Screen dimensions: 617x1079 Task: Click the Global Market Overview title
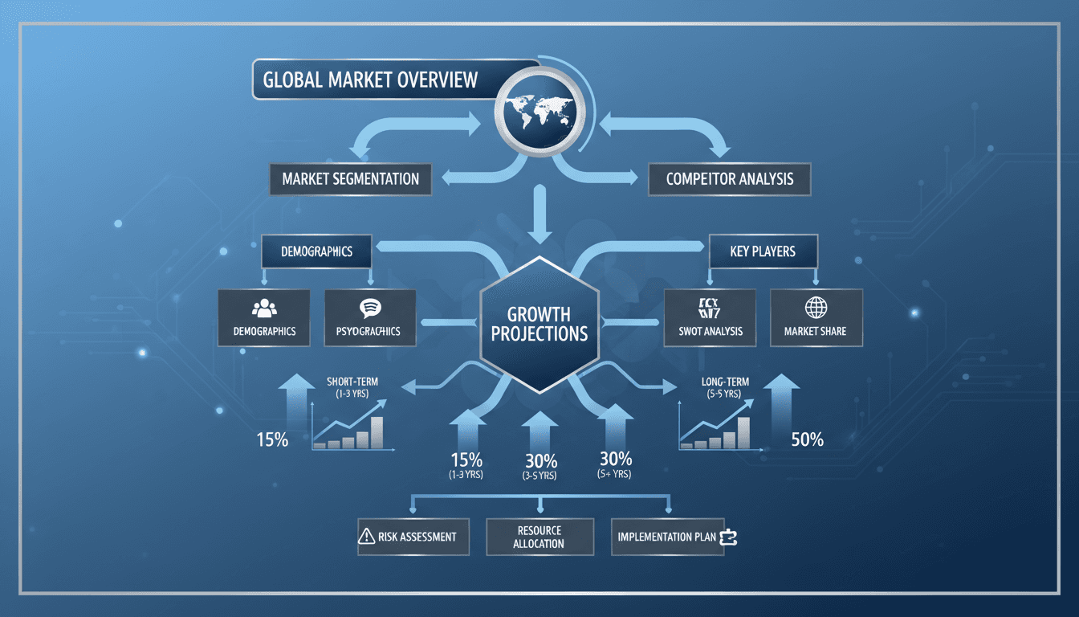(x=371, y=80)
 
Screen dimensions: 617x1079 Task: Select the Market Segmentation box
(x=351, y=178)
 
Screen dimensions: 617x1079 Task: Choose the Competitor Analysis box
(x=729, y=178)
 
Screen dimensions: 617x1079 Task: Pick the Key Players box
(x=763, y=251)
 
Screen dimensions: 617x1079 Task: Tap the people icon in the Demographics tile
(x=263, y=308)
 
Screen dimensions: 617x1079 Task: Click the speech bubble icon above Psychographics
(x=370, y=308)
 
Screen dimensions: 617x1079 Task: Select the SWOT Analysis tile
(x=711, y=318)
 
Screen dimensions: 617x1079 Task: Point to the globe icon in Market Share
(x=816, y=308)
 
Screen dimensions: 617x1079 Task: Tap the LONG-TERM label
(x=725, y=382)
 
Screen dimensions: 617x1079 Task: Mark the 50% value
(x=807, y=439)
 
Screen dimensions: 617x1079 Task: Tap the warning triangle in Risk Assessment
(x=366, y=537)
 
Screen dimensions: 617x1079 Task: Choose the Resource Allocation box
(x=539, y=537)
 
